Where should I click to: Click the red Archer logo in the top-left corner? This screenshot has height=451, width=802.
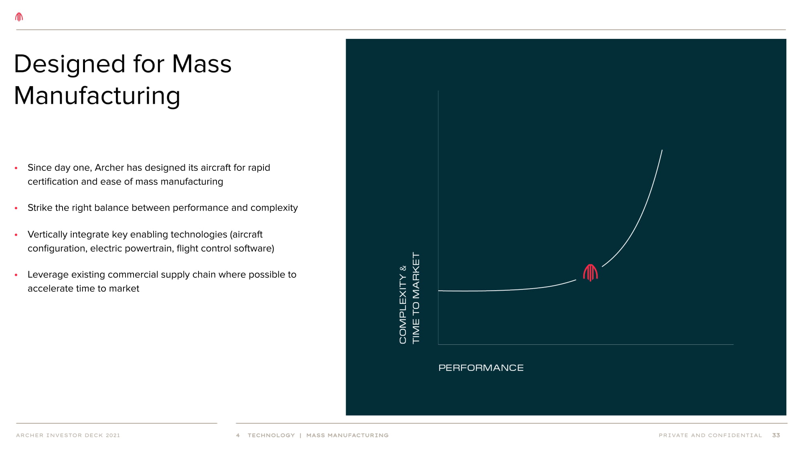click(19, 17)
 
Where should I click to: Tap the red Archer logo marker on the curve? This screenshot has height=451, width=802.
click(590, 273)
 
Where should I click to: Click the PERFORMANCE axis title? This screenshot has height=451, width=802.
click(481, 368)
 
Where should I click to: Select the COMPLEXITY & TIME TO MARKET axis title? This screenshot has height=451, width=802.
click(409, 298)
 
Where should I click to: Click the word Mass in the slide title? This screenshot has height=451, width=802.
click(202, 64)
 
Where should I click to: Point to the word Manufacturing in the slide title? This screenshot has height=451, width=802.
click(97, 96)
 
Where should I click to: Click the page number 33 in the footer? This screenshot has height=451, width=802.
click(776, 435)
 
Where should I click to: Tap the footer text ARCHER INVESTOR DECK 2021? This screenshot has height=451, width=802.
click(68, 435)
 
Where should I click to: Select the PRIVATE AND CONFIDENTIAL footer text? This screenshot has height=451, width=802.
click(710, 435)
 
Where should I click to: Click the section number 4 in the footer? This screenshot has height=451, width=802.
click(238, 435)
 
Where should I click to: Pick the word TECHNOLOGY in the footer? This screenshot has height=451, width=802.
click(271, 435)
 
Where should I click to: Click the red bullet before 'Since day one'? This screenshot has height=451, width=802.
click(16, 168)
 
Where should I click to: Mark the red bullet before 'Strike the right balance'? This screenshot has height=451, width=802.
click(16, 208)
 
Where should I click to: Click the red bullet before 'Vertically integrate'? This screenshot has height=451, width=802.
click(16, 235)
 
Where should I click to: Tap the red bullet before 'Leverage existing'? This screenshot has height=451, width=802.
click(16, 275)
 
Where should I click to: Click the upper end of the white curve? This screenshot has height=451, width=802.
click(662, 150)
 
